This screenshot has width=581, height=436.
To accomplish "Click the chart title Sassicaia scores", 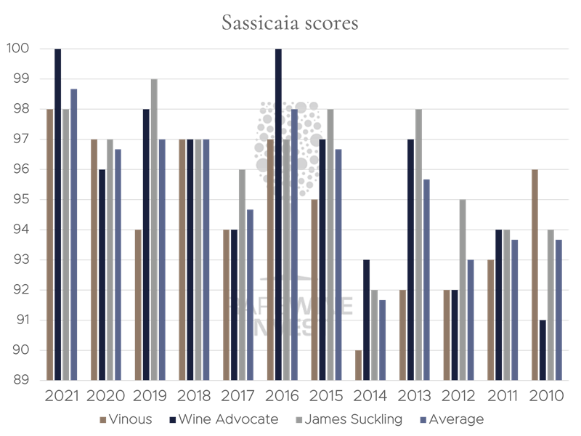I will coord(290,23).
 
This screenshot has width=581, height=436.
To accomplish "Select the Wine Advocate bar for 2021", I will coord(58,214).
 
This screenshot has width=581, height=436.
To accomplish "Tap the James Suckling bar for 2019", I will coord(154,230).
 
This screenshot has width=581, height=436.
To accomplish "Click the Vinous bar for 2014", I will coord(359,365).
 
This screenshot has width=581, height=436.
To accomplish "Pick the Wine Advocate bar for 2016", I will coord(278,214).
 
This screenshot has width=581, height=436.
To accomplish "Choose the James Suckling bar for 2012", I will coord(462,290).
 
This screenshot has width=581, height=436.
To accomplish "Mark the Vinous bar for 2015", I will coord(314,290).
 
